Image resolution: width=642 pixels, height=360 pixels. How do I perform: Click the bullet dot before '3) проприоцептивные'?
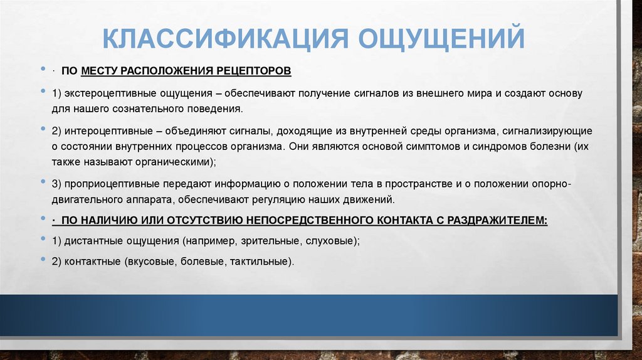43,183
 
